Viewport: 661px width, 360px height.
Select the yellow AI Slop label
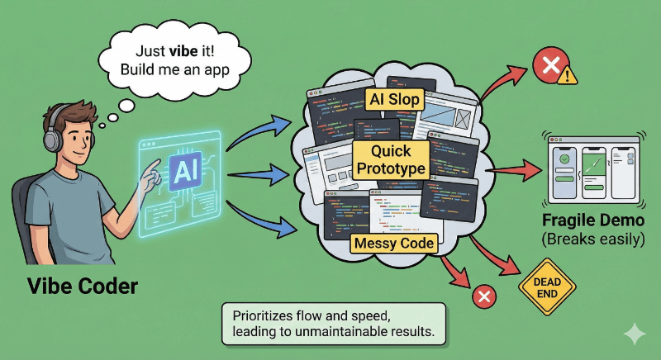pos(394,100)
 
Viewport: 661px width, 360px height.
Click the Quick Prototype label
pos(392,159)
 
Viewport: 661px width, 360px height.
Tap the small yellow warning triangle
pos(567,76)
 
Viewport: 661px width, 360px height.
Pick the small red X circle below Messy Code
pos(483,296)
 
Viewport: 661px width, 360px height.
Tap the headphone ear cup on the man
pos(52,138)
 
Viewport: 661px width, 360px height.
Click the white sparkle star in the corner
pos(635,334)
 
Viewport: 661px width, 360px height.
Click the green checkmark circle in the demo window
pos(564,159)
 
